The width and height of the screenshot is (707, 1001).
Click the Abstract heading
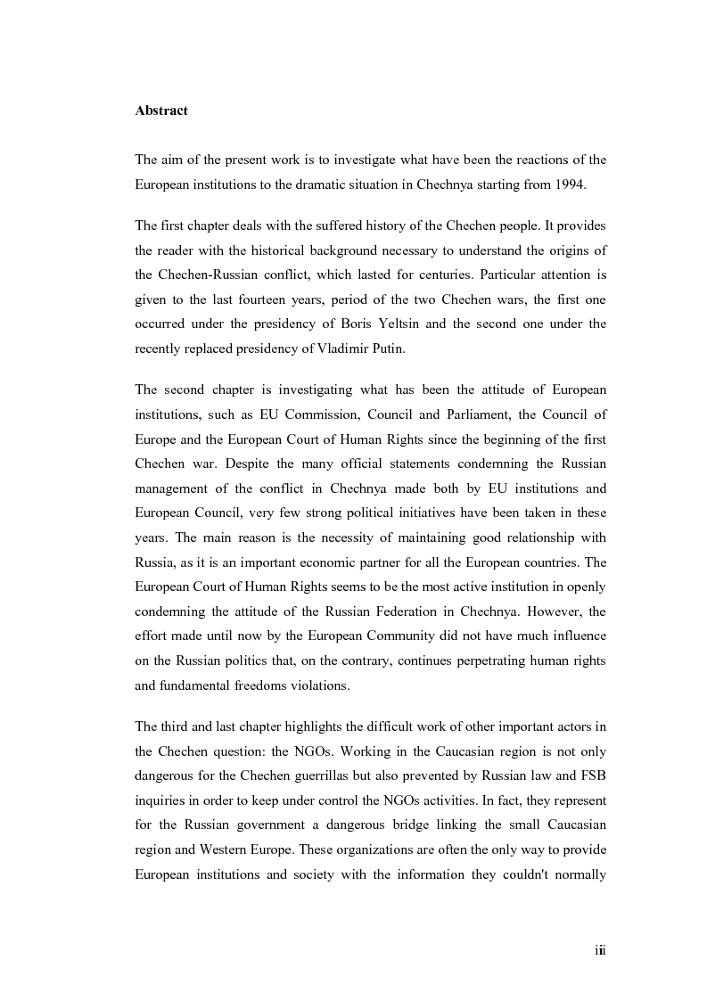[161, 111]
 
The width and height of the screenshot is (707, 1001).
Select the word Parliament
[457, 413]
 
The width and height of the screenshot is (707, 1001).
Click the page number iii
[600, 951]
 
